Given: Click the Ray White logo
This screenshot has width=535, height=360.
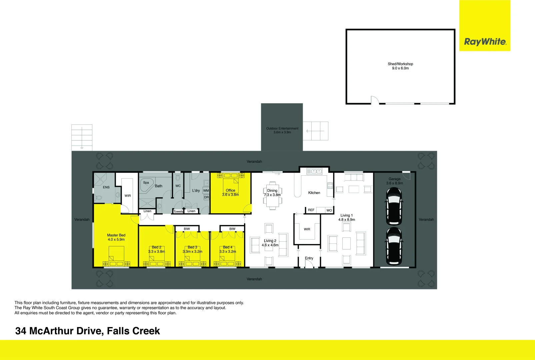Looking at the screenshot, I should (485, 42).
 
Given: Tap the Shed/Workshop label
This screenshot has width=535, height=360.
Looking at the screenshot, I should (400, 64).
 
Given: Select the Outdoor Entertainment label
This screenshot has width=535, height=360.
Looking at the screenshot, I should (282, 128).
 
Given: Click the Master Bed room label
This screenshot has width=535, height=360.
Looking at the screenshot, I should (116, 235).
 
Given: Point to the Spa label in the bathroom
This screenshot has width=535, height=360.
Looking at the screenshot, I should (146, 183).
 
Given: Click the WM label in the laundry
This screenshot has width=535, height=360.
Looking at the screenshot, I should (206, 191).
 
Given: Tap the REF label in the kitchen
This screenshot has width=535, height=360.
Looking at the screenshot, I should (311, 210).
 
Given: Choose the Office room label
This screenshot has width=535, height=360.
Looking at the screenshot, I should (230, 190).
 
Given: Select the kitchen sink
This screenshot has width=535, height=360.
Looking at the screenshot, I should (314, 171).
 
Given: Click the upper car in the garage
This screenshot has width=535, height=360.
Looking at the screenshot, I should (394, 206).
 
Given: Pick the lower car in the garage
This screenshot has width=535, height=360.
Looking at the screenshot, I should (394, 246).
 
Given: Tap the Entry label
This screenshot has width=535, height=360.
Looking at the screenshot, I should (309, 258).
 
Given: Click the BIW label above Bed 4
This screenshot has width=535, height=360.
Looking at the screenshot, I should (232, 229).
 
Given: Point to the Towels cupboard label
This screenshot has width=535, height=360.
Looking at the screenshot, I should (178, 211).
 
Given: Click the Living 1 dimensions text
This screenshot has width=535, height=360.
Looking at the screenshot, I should (347, 220).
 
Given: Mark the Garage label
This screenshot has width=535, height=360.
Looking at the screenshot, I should (394, 179).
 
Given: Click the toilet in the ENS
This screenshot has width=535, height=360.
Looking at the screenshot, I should (99, 198).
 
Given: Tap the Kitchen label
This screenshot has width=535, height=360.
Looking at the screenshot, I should (314, 193).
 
